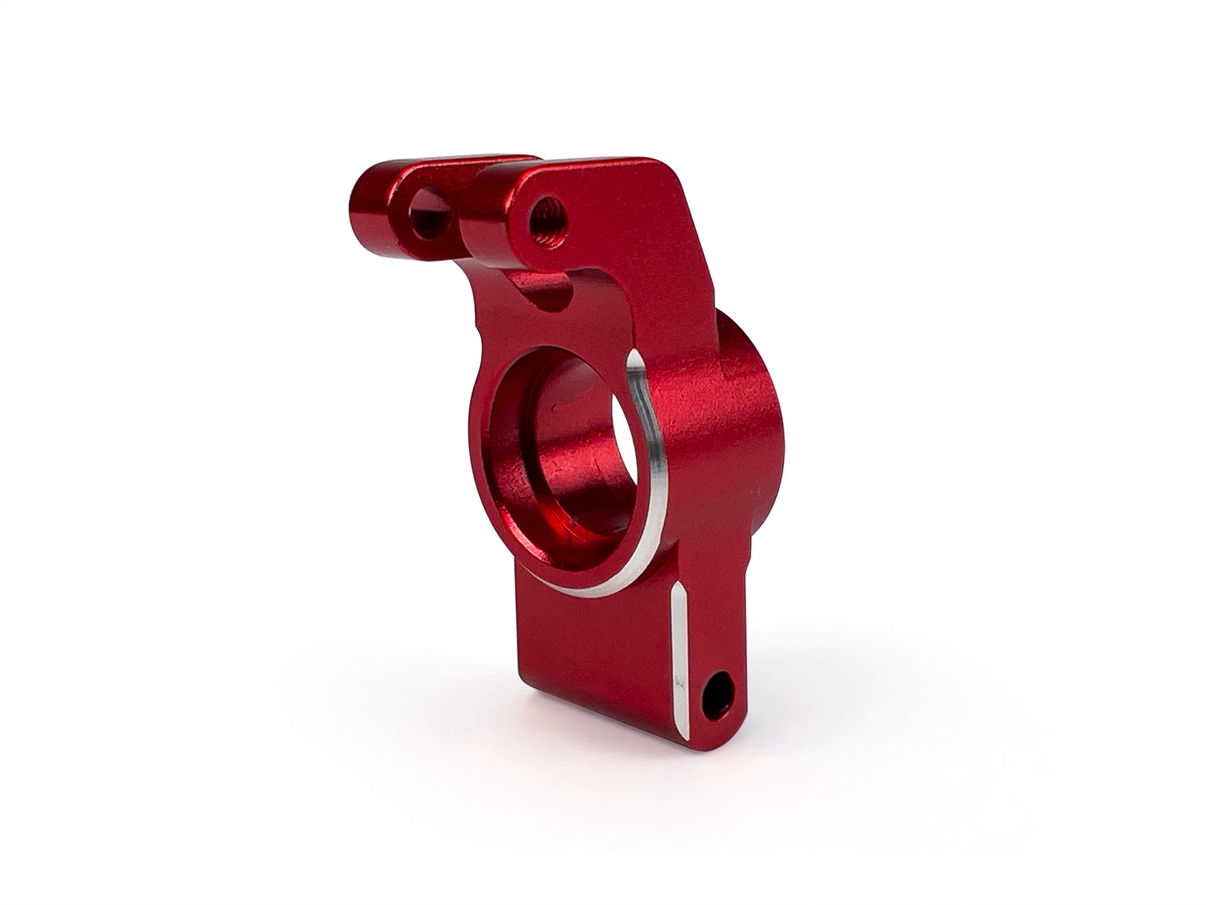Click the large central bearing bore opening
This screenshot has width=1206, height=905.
[576, 451]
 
